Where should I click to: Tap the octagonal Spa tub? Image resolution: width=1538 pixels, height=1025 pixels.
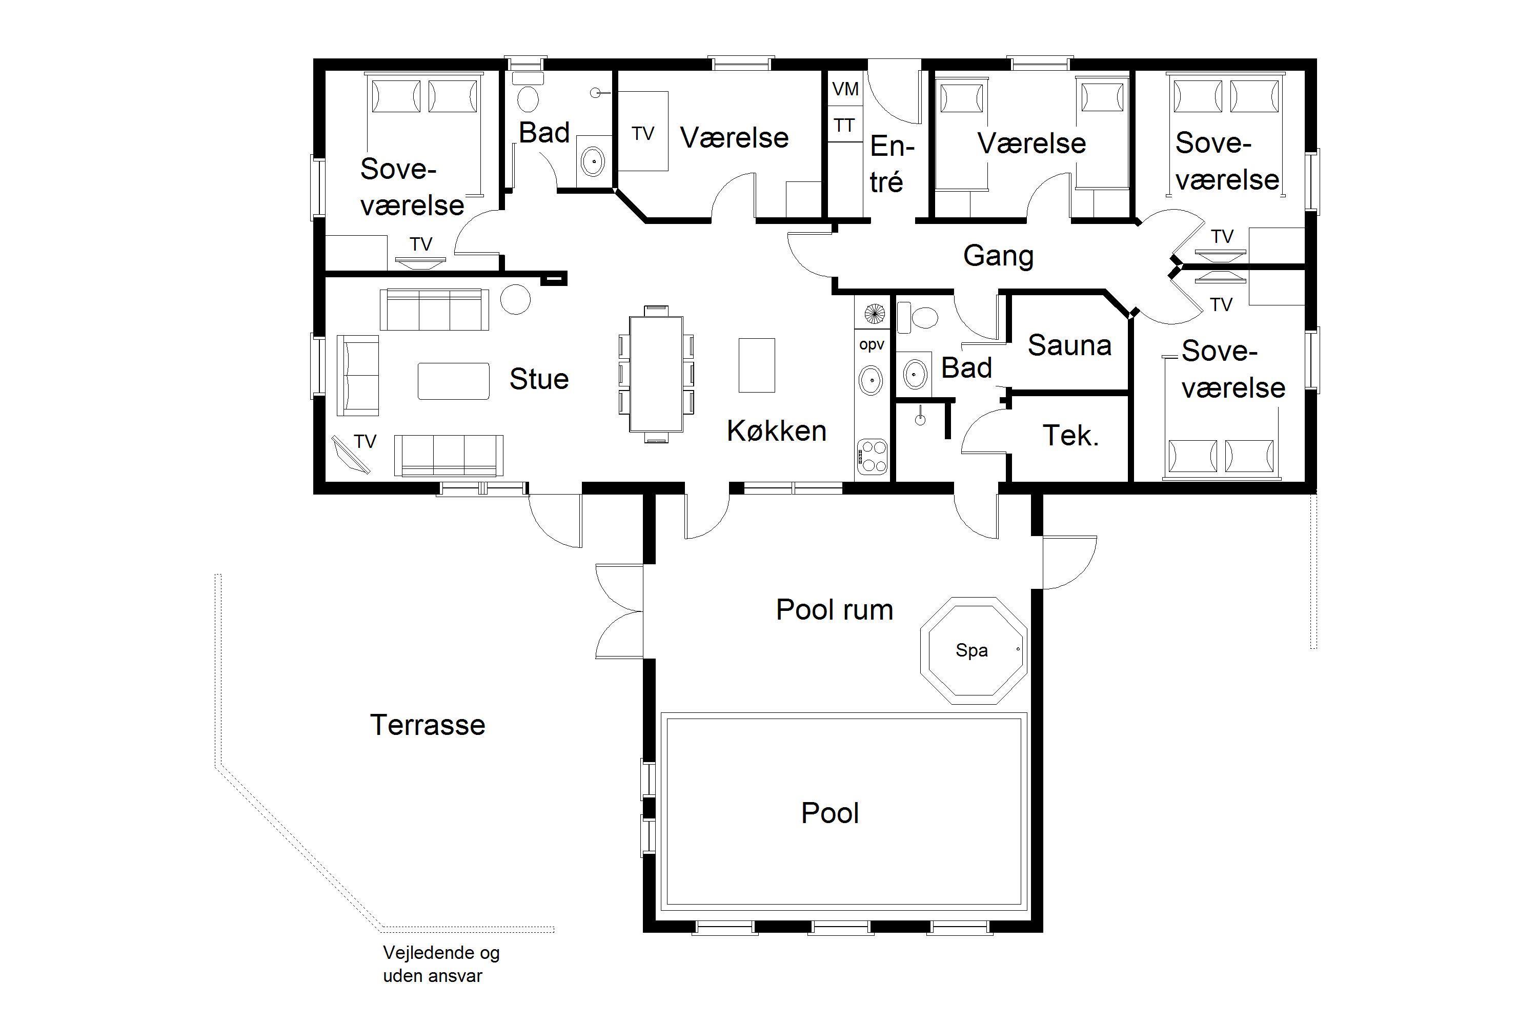point(973,650)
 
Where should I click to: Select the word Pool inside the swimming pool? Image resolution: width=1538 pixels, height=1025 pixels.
point(830,813)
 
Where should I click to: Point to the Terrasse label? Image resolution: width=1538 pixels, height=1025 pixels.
point(428,725)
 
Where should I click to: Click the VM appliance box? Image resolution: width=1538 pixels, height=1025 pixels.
point(845,88)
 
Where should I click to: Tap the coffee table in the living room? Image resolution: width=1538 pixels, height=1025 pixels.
point(453,381)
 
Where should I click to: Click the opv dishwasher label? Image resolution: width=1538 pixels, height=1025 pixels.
point(872,345)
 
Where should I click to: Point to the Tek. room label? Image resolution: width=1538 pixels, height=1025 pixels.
point(1070,436)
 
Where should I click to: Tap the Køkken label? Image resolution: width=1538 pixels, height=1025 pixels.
point(777,432)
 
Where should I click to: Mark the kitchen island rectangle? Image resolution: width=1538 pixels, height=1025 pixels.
point(757,365)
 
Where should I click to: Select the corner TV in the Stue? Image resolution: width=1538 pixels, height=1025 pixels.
point(351,454)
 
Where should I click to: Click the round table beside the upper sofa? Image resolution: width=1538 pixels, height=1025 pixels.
point(515,299)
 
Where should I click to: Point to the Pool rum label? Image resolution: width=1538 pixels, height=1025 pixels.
point(835,610)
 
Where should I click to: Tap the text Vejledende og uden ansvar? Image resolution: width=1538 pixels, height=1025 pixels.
point(441,964)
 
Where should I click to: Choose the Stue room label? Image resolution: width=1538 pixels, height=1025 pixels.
point(539,379)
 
